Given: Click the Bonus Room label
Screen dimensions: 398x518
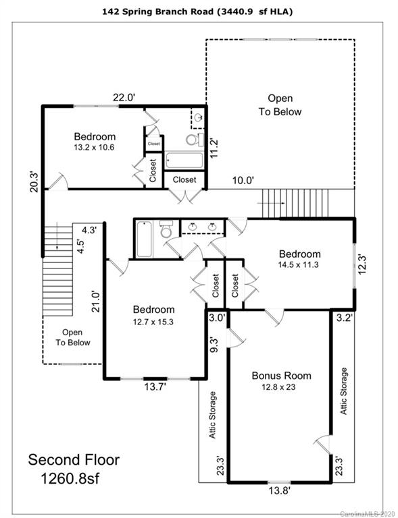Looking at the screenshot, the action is [x=281, y=376].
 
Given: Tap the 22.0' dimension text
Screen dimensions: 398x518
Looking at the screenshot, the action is [x=124, y=98].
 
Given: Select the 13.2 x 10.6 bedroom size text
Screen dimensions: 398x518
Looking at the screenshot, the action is [x=94, y=147].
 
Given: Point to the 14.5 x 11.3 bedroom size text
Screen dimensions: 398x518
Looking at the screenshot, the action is [x=299, y=264].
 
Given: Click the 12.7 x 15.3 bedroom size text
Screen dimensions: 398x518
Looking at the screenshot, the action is [x=153, y=322].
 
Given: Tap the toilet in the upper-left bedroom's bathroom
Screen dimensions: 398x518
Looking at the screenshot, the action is [x=195, y=140].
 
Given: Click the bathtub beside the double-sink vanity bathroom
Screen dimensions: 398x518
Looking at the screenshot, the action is [x=144, y=239].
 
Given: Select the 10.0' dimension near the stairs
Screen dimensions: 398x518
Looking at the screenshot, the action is [x=243, y=180].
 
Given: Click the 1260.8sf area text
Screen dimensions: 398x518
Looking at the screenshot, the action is [x=70, y=478].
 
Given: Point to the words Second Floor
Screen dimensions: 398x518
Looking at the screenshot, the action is [x=74, y=459].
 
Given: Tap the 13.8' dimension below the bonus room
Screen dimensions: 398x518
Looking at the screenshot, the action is [x=279, y=490].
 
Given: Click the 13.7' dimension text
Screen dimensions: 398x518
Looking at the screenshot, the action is [x=155, y=386].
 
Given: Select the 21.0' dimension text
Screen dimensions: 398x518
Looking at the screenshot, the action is [x=95, y=301].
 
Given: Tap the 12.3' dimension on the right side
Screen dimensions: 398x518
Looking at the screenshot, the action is [x=362, y=264].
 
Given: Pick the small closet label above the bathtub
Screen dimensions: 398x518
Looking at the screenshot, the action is [x=154, y=144].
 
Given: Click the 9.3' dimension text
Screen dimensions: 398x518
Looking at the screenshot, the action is [x=214, y=345].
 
